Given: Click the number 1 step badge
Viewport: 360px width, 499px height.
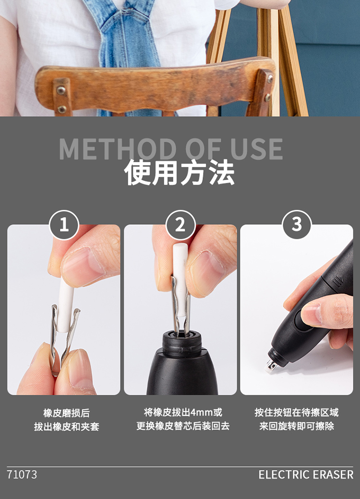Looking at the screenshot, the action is (64, 225).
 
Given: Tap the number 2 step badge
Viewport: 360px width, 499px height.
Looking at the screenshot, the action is (180, 225).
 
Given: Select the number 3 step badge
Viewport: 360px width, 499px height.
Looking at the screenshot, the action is (297, 224).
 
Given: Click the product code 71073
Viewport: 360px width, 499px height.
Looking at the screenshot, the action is (22, 475).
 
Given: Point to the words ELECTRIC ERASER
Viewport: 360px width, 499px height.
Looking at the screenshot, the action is (306, 475).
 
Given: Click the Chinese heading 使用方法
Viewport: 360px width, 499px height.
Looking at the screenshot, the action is (180, 172).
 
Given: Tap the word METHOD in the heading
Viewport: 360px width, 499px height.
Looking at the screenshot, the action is (118, 149).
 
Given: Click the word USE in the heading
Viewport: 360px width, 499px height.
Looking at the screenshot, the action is (257, 149).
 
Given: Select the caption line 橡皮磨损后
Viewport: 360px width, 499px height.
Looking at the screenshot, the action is (66, 413).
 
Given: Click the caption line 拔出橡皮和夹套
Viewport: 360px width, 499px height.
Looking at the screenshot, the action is (66, 426).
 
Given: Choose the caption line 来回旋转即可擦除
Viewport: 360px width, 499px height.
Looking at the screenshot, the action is (296, 426).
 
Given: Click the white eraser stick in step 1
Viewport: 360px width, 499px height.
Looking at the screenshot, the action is (65, 306).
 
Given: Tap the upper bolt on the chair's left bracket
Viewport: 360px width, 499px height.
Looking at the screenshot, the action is (61, 90).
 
